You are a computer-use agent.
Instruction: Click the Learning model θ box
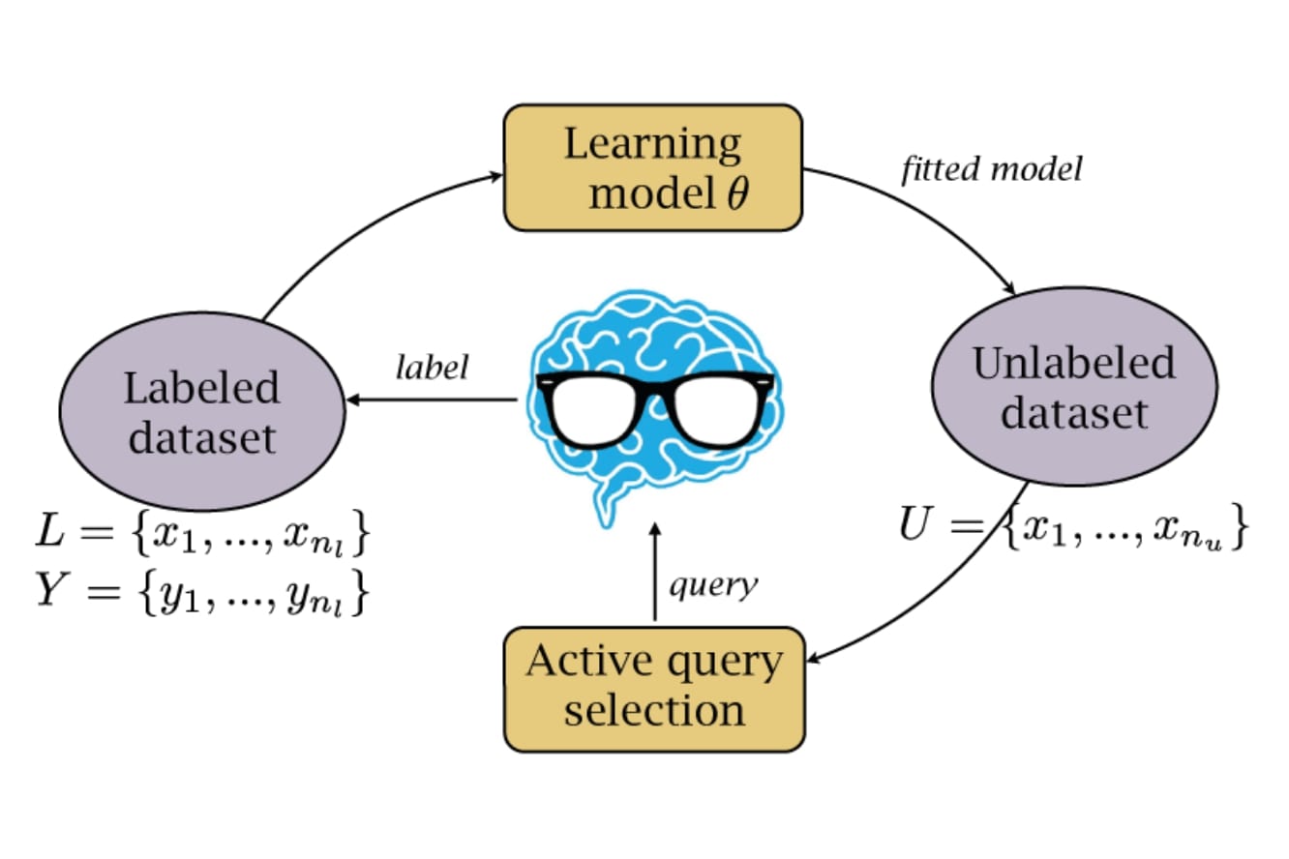653,167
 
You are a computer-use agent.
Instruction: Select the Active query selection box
654,689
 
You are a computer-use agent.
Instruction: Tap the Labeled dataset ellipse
201,411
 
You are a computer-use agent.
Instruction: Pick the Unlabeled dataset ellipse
1073,387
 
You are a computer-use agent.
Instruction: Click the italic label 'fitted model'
991,170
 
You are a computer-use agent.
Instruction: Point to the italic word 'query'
714,585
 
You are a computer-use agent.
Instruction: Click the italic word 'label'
432,368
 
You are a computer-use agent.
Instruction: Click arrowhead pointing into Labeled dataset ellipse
353,400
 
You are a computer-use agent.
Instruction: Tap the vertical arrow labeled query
654,576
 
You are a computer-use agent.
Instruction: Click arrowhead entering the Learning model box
496,175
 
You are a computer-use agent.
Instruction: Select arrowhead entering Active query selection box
814,660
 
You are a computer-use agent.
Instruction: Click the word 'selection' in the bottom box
654,711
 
